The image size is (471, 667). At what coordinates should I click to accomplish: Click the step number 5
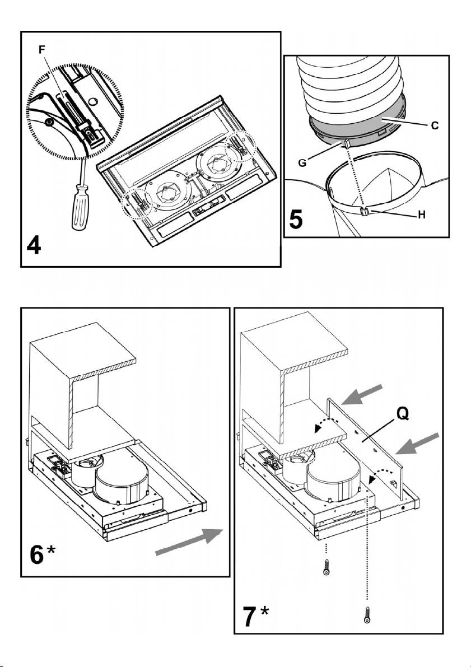pos(298,218)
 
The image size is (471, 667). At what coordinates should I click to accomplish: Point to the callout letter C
pos(435,127)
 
